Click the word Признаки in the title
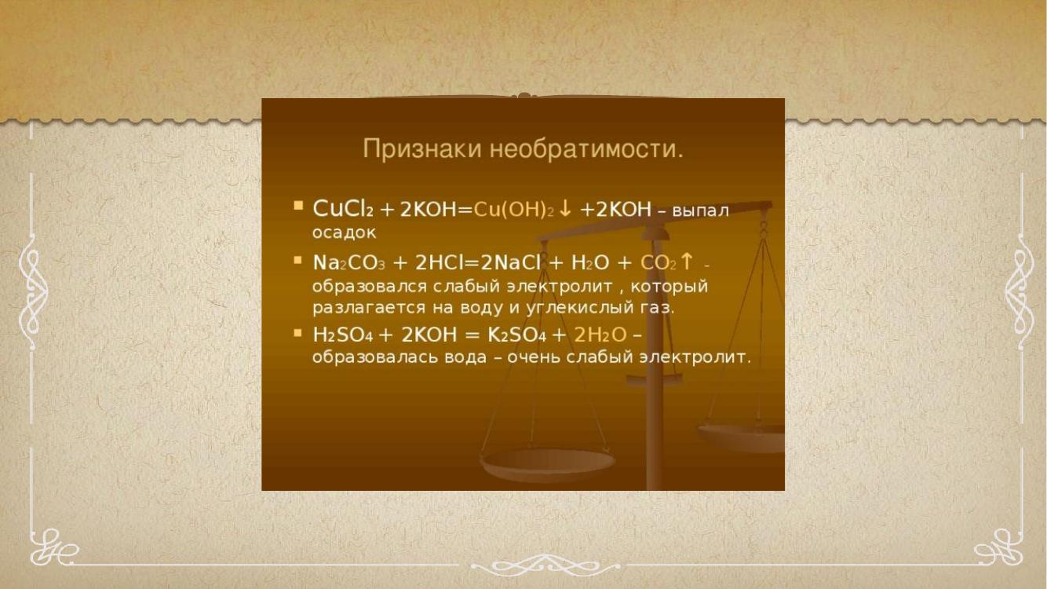coord(422,150)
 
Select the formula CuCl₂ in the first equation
coord(343,209)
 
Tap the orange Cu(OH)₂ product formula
coord(513,210)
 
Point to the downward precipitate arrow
coord(565,209)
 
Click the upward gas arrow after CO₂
coord(687,262)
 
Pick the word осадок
coord(344,233)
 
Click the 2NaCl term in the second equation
coord(510,262)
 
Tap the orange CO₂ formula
coord(658,263)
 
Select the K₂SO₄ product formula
coord(516,335)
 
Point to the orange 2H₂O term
coord(600,335)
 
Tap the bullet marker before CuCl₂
coord(298,206)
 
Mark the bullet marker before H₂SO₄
coord(298,333)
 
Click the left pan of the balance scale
coord(548,465)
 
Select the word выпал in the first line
coord(700,211)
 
